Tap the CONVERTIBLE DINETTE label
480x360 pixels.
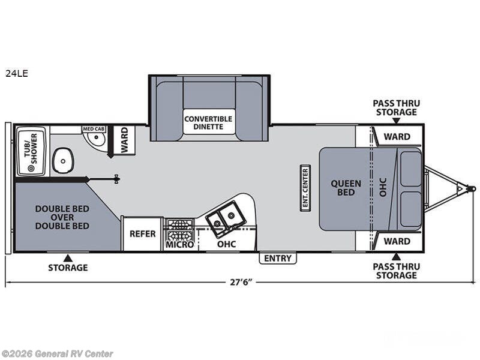[x=204, y=122]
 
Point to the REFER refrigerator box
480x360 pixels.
[x=143, y=234]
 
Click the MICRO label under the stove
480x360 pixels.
[x=179, y=245]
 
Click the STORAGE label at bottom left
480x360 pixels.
[x=68, y=268]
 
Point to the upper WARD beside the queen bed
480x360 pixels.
[x=397, y=136]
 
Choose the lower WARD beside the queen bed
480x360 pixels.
[x=397, y=241]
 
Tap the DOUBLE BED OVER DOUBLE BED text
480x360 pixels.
[x=62, y=217]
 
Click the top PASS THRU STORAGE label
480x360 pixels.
[x=396, y=107]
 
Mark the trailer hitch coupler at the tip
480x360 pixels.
[x=470, y=189]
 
